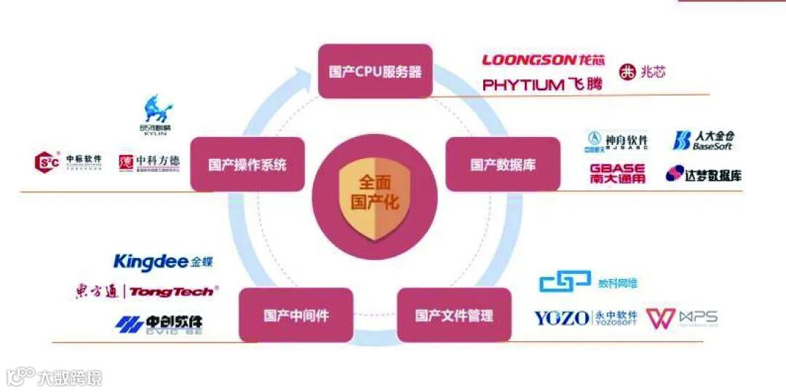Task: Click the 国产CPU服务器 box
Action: click(375, 71)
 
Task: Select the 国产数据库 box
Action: click(503, 164)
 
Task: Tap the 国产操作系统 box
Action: click(247, 164)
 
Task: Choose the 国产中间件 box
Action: click(295, 315)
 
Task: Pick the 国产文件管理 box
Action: click(454, 315)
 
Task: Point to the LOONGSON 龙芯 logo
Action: click(543, 60)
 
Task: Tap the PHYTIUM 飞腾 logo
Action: click(543, 85)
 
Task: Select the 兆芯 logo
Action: click(642, 72)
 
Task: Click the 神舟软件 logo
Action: click(616, 140)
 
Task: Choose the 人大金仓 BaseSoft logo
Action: click(703, 140)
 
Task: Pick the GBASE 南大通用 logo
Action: click(617, 173)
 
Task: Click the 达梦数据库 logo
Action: click(703, 174)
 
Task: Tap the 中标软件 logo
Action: click(68, 162)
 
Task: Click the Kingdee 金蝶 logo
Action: click(163, 262)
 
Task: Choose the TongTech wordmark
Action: click(172, 291)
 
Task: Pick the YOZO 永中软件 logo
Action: click(585, 318)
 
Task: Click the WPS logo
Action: click(682, 318)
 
